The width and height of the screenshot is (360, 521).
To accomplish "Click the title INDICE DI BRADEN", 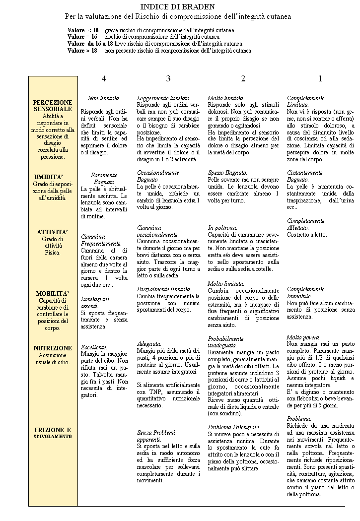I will pos(178,6).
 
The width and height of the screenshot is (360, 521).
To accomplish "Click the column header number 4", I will pos(104,78).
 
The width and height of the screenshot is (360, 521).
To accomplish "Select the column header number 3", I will pos(168,78).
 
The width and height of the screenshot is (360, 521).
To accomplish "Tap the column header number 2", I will pos(243,78).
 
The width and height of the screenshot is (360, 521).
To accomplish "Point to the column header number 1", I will pos(320,78).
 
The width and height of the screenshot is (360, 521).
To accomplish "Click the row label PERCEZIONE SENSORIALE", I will pos(53,105).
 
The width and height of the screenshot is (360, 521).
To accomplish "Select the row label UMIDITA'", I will pos(49,178).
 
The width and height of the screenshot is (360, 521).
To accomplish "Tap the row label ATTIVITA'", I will pos(53,232).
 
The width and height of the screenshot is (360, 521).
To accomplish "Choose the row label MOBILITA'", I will pos(53,293).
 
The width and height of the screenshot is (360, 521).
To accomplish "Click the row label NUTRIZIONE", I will pos(53,348).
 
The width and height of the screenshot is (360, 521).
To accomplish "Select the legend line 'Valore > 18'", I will pos(82,51).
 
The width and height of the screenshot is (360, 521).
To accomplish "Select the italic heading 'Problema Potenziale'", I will pos(233,427).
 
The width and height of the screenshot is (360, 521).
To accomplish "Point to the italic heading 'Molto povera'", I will pos(303,337).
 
